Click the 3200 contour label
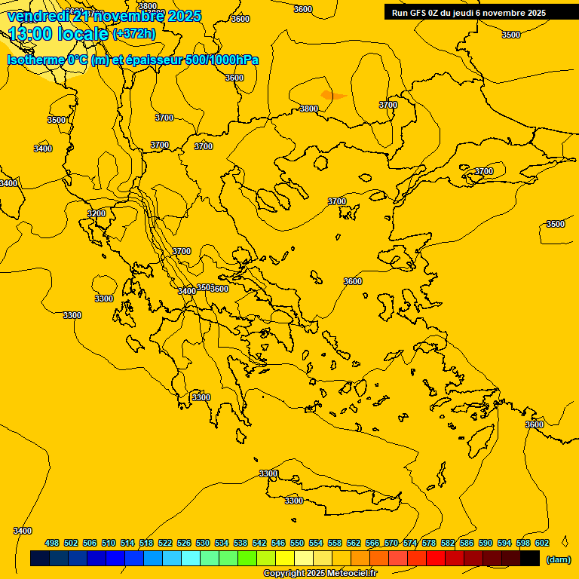(x=96, y=213)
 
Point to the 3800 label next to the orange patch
(x=309, y=109)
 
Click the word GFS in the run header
(x=419, y=13)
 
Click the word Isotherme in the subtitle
(x=35, y=60)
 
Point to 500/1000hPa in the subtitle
(x=222, y=60)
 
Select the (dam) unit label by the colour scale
(x=559, y=559)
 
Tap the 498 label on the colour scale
(x=52, y=543)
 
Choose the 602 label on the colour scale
(x=542, y=543)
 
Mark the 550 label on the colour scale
(x=297, y=543)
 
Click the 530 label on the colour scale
(x=203, y=543)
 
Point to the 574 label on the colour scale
(x=410, y=543)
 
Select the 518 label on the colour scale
(x=146, y=543)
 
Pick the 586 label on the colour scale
(x=467, y=543)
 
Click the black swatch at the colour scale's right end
(x=530, y=559)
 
